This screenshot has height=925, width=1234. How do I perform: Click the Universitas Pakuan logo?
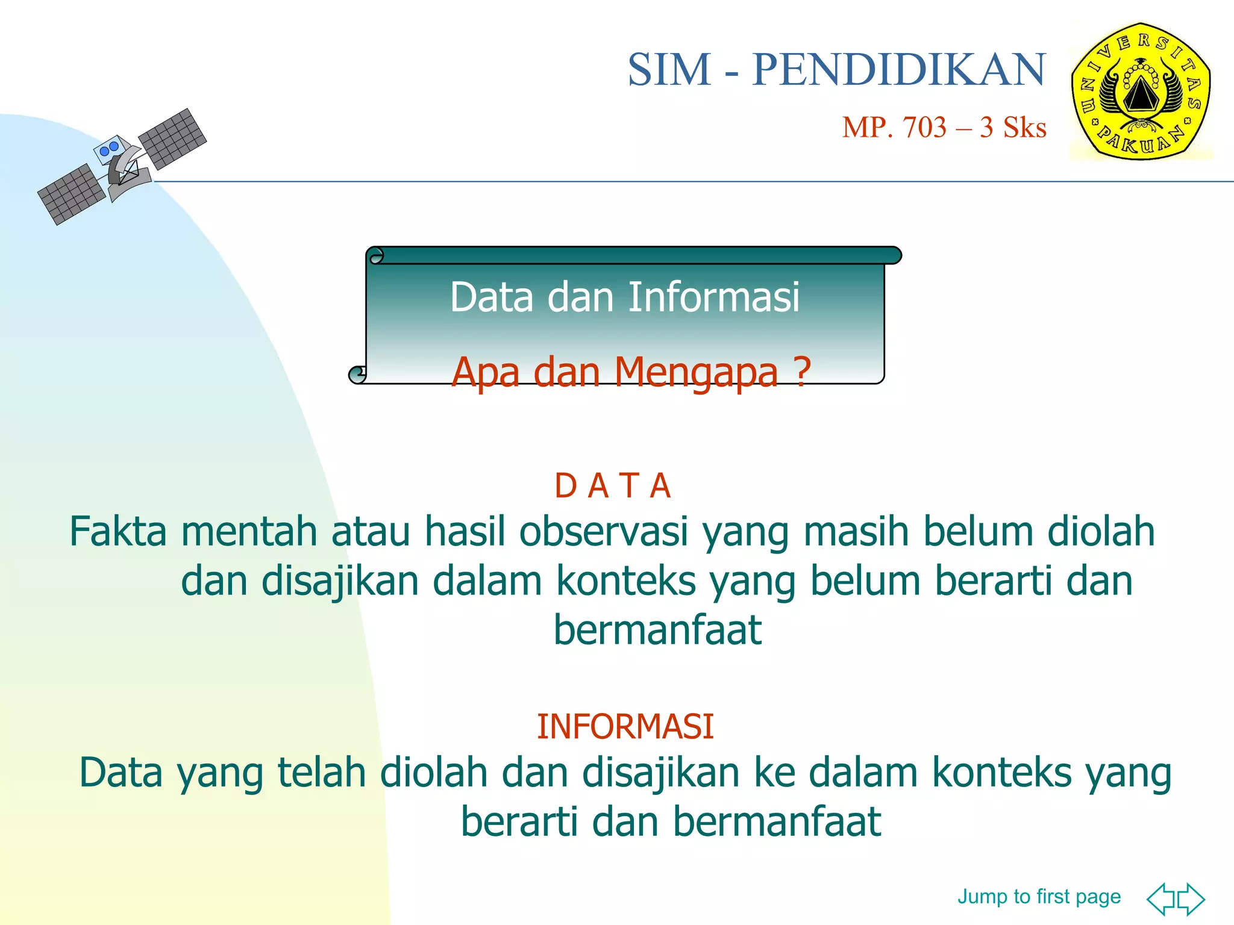coord(1141,92)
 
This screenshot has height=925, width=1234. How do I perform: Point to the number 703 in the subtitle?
coord(924,128)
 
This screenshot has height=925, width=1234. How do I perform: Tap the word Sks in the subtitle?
coord(1024,128)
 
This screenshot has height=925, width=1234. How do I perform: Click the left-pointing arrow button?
coord(1161,899)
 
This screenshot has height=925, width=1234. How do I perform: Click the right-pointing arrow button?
coord(1191,899)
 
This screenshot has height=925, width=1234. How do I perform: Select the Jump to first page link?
coord(1039,897)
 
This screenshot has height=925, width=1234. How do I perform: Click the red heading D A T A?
coord(612,486)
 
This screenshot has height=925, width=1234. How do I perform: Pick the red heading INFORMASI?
coord(625,726)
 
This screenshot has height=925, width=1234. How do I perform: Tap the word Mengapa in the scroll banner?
coord(696,373)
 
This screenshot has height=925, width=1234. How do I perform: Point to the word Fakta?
coord(118,532)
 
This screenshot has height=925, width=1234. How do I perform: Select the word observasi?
coord(603,532)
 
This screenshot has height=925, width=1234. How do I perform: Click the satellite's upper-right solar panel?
coord(173,139)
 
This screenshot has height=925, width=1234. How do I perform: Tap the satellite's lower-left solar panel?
coord(71,194)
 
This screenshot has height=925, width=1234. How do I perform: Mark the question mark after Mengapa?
coord(801,373)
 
